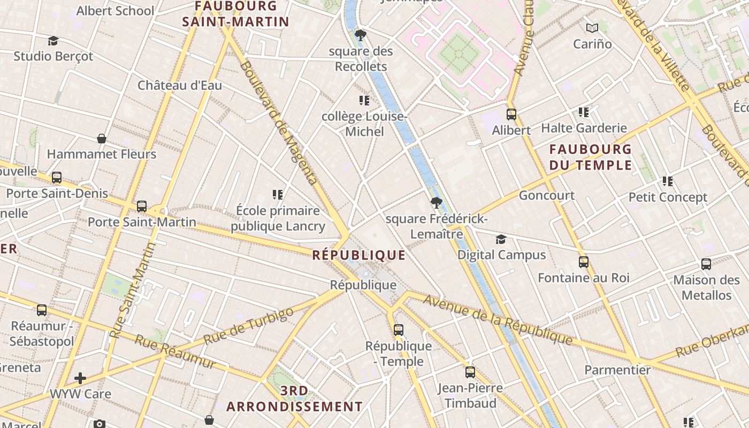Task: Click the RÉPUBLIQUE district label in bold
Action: tap(358, 255)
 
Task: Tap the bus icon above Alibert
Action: tap(511, 114)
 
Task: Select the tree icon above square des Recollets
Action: tap(361, 36)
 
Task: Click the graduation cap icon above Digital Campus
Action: tap(501, 239)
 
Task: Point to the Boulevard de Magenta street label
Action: tap(278, 123)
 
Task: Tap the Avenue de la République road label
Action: tap(498, 319)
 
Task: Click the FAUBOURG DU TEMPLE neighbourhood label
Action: tap(590, 157)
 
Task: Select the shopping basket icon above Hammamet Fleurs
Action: tap(102, 139)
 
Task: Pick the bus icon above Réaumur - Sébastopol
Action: tap(42, 310)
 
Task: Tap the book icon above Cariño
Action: tap(592, 28)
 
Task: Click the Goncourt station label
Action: tap(546, 195)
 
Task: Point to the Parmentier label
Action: tap(617, 370)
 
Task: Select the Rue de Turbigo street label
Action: tap(249, 326)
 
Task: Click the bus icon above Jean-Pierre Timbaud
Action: tap(470, 372)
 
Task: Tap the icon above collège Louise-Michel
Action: tap(364, 101)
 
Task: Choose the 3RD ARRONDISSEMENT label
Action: tap(294, 399)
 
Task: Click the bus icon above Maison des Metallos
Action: tap(706, 264)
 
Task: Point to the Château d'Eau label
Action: tap(180, 85)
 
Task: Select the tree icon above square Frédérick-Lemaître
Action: tap(437, 203)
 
